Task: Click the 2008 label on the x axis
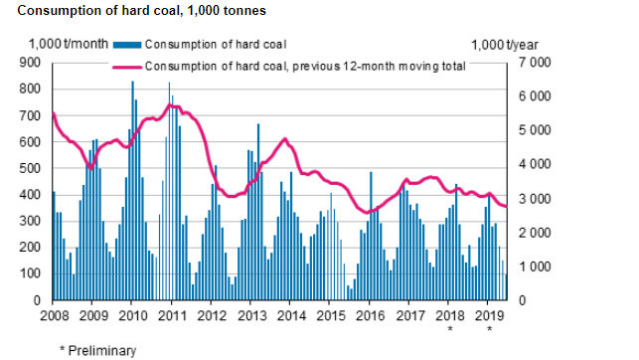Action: [53, 316]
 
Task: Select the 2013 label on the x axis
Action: [250, 316]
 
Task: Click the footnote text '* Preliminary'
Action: [96, 349]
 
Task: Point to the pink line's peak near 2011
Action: [172, 105]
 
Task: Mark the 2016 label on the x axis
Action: [370, 316]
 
